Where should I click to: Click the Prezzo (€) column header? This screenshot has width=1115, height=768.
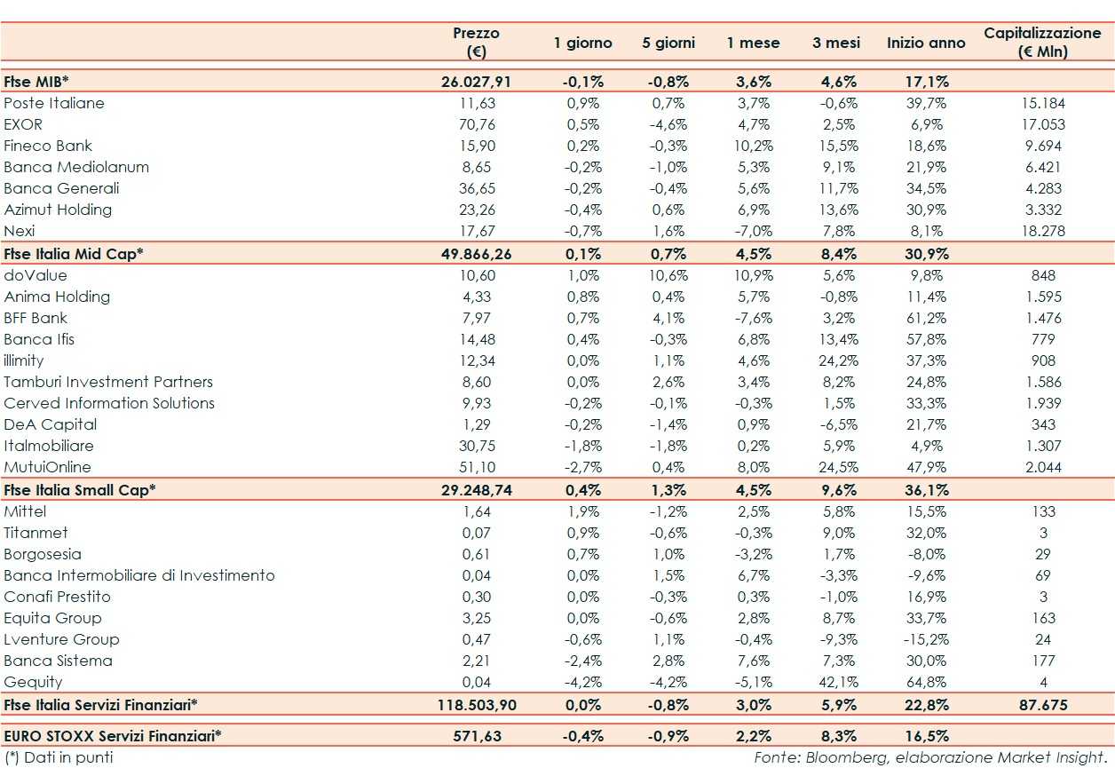click(476, 42)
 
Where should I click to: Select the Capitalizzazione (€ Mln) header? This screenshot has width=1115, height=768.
click(1042, 42)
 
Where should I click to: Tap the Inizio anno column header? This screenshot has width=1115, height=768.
click(926, 43)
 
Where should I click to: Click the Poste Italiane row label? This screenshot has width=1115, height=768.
click(54, 103)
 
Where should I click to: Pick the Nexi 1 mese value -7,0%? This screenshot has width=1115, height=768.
click(754, 231)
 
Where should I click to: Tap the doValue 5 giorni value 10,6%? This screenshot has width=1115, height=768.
click(668, 275)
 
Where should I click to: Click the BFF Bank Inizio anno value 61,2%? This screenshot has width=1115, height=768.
click(927, 318)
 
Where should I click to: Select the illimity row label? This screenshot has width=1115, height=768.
click(24, 360)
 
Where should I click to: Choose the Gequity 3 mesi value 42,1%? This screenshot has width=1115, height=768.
click(835, 682)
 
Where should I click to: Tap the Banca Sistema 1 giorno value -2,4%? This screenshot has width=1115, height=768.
click(583, 661)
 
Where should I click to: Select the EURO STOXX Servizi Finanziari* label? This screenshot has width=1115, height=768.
click(112, 736)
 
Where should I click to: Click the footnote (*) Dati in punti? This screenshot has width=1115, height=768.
click(59, 757)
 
